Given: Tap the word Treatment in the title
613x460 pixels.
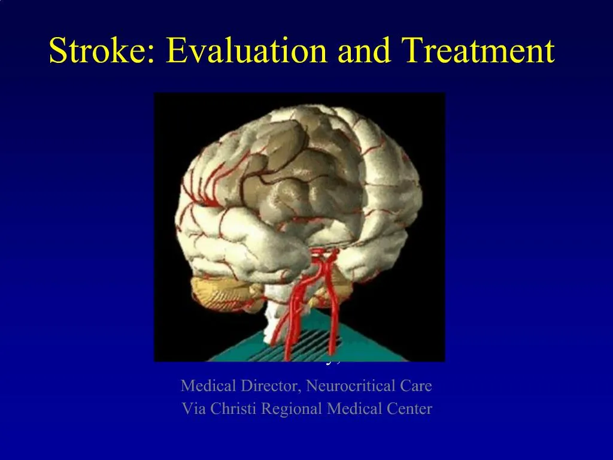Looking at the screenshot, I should [x=478, y=50].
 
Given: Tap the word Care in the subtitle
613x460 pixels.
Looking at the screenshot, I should [x=416, y=386].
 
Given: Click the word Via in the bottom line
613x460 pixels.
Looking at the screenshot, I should [x=192, y=409].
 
